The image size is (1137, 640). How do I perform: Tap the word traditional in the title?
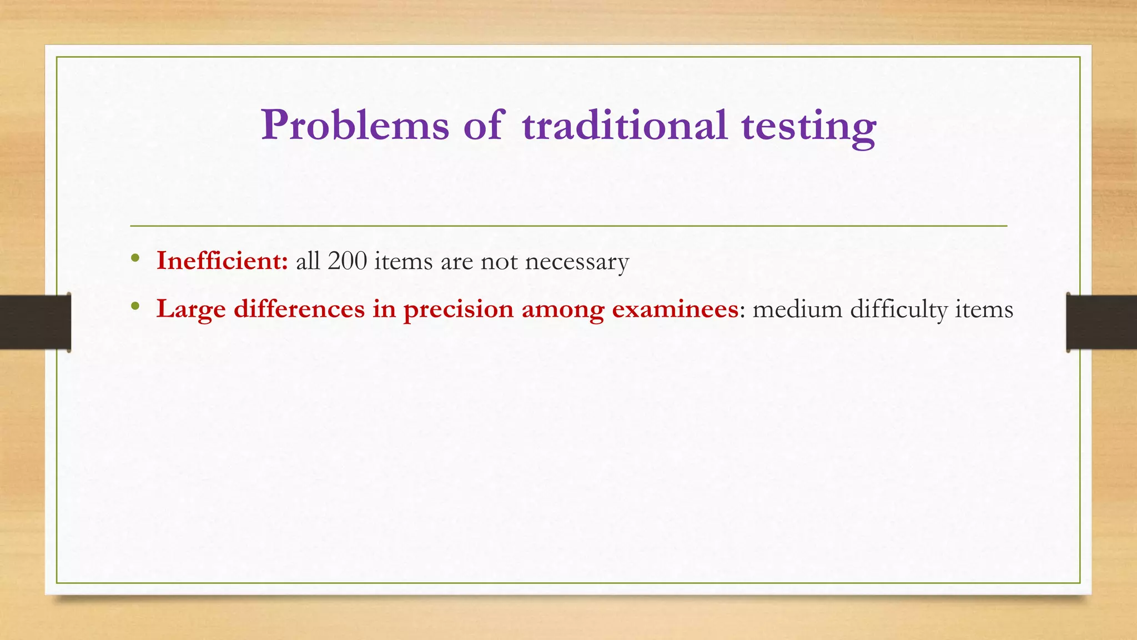point(624,126)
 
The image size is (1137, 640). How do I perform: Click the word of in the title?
point(484,126)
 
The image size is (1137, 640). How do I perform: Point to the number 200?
point(347,261)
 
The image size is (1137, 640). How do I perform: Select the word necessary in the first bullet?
point(577,262)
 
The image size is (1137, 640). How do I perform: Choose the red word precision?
point(459,310)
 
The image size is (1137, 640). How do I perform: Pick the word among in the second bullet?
point(562,310)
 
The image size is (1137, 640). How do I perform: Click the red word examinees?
point(675,309)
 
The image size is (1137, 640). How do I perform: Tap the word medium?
point(797,309)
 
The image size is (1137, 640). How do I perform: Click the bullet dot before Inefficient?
point(135,258)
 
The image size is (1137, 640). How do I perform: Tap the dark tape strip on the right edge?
point(1101,322)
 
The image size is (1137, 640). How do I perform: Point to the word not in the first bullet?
point(499,261)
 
